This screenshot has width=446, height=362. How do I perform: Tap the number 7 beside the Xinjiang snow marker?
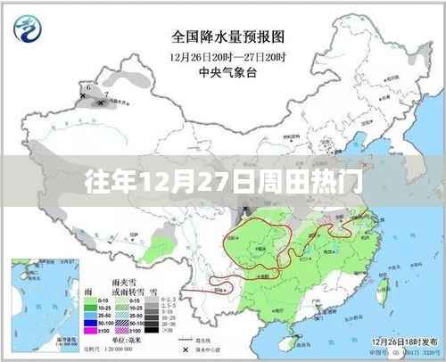click(x=106, y=92)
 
